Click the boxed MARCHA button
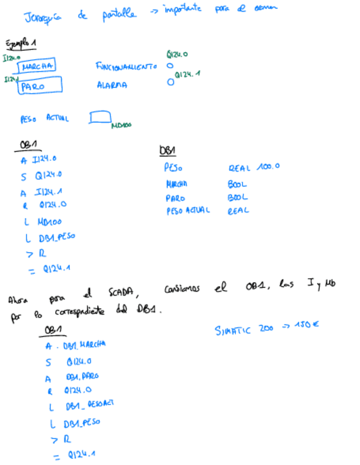37,67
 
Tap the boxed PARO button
40,86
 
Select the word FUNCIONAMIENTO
128,66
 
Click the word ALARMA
112,86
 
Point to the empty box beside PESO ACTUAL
100,118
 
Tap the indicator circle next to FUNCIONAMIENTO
170,66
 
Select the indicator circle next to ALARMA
171,83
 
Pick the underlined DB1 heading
167,151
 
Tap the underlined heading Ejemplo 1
21,44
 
